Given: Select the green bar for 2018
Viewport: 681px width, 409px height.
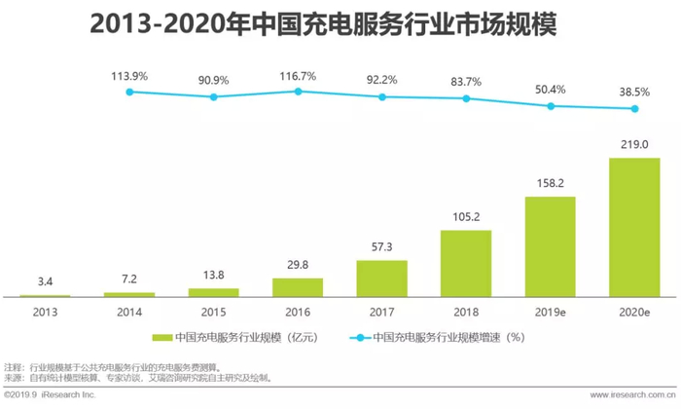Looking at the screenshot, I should tap(466, 263).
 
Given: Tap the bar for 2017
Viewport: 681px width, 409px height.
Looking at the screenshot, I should tap(381, 279).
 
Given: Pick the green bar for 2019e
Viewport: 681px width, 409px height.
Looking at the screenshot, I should tap(550, 246).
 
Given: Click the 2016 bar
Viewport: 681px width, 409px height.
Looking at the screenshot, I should tap(298, 287).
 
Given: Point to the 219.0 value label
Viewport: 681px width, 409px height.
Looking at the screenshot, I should tap(633, 145).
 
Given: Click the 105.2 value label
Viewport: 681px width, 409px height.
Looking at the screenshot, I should tap(466, 216).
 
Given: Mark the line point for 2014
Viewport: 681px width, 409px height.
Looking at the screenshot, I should tap(129, 92).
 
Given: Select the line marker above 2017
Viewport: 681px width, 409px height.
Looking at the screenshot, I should tap(381, 98).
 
